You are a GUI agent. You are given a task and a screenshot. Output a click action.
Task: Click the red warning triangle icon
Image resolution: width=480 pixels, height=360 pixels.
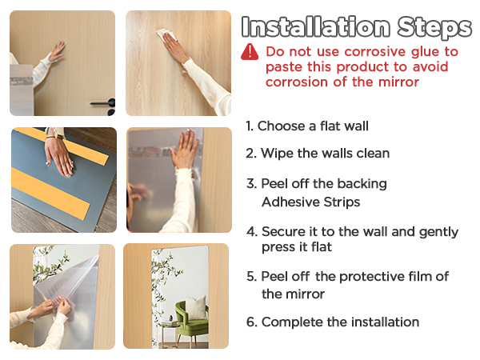tap(250, 52)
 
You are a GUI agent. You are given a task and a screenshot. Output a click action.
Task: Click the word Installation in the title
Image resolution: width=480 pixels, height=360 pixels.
tap(316, 27)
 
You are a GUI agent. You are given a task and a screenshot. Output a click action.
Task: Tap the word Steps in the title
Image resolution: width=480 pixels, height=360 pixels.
tap(434, 27)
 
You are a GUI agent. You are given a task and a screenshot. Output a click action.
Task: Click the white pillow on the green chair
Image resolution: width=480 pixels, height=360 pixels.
tap(196, 307)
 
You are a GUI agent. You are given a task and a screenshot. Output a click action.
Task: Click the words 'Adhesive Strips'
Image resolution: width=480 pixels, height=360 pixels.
tap(311, 202)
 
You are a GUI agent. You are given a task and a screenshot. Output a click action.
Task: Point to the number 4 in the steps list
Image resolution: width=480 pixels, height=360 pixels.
tap(252, 232)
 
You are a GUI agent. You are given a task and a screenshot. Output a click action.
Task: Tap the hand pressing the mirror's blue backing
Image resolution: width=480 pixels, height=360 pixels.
tap(59, 157)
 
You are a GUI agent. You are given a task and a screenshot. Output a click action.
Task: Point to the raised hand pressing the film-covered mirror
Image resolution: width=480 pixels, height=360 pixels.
tap(184, 149)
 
